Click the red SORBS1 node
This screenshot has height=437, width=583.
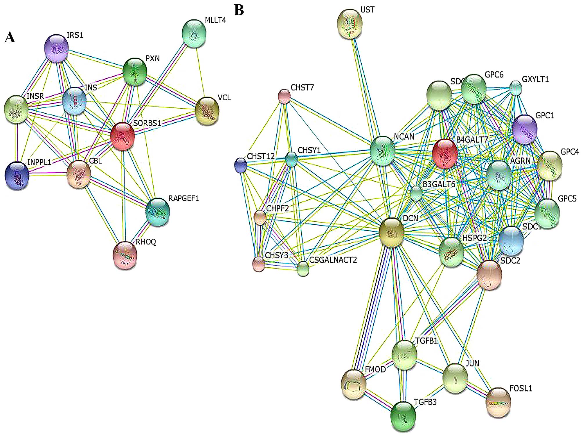pos(123,136)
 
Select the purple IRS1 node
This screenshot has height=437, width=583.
pos(56,48)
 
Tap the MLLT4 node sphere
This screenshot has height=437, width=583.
pos(194,33)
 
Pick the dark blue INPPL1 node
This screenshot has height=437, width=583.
pos(17,176)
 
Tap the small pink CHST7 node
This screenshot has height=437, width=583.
pos(284,96)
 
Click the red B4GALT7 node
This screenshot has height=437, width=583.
pos(445,154)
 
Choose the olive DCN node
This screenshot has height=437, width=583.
pos(392,233)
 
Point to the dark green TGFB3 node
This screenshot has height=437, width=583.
pos(403,416)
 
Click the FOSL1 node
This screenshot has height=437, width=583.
pos(498,402)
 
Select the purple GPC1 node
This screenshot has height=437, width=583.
pos(524,130)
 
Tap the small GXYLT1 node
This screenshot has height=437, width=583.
pos(516,88)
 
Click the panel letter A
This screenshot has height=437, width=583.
pos(10,38)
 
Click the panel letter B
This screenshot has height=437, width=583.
pos(239,10)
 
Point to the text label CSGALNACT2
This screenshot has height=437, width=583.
pos(333,260)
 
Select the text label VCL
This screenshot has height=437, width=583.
pos(224,98)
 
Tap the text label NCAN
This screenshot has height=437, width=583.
pos(404,137)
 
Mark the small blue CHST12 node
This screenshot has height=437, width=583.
pos(240,165)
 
